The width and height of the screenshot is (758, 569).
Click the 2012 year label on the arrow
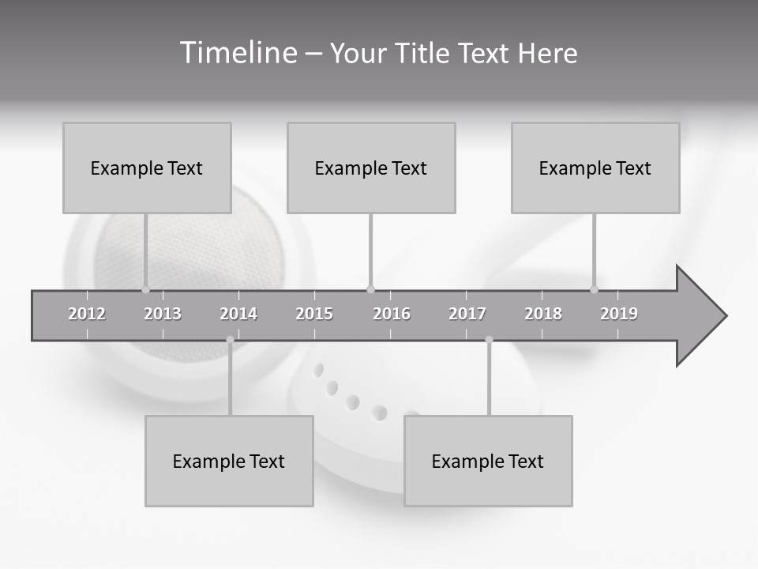(x=87, y=314)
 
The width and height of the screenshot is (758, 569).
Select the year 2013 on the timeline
(x=163, y=314)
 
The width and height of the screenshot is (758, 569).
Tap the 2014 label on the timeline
(x=238, y=314)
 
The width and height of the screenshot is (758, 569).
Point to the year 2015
(x=314, y=314)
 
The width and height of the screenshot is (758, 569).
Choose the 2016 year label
(x=392, y=314)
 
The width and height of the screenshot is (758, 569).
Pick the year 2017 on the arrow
(x=467, y=314)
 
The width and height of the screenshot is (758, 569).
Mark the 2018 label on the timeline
(x=543, y=314)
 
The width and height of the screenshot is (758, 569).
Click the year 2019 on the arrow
(x=619, y=314)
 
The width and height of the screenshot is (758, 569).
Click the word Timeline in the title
(x=236, y=53)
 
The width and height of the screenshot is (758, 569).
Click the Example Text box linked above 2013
(x=147, y=168)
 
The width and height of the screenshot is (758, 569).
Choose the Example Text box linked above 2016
(x=371, y=168)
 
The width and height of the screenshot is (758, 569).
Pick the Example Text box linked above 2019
(x=595, y=168)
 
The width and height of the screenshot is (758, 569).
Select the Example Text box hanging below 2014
(x=229, y=461)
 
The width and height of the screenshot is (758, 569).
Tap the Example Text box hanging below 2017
(x=488, y=461)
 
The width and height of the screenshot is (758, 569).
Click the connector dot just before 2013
(x=145, y=289)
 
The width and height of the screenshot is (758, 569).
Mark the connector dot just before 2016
(x=370, y=289)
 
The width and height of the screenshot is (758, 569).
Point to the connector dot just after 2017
(x=489, y=340)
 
